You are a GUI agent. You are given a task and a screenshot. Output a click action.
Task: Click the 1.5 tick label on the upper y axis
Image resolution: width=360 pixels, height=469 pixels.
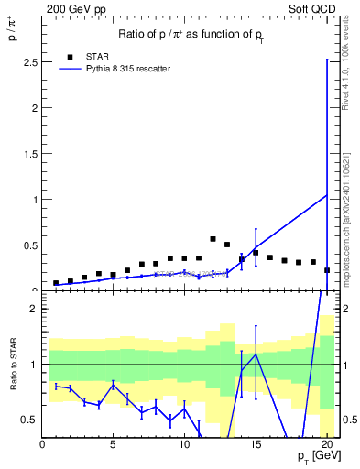click(30, 153)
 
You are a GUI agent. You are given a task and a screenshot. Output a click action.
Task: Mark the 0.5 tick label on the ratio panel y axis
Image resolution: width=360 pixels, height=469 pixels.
click(30, 420)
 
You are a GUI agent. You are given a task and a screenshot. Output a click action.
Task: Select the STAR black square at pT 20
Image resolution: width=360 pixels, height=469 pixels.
click(327, 270)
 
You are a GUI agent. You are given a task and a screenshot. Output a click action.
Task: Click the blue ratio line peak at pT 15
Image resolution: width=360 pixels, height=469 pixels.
click(256, 354)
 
